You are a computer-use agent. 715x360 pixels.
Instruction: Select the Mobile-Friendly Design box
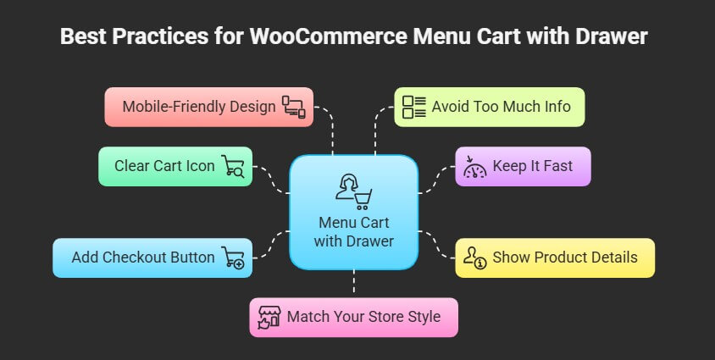pos(208,107)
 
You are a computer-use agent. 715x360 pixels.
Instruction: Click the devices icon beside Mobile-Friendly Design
pos(294,107)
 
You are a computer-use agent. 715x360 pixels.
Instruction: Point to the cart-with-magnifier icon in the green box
pos(233,166)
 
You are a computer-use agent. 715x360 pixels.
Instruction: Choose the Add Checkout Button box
pos(152,258)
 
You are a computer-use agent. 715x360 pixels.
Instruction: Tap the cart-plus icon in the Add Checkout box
pos(233,258)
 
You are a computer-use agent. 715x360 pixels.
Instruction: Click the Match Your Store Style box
pos(353,317)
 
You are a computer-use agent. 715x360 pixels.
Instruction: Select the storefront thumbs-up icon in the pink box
pos(269,318)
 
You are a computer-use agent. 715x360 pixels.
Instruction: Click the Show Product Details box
pos(555,258)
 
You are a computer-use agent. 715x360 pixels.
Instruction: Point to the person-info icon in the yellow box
pos(474,258)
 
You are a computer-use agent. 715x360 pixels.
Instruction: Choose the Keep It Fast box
pos(523,166)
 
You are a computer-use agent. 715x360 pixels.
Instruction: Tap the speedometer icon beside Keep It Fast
pos(474,167)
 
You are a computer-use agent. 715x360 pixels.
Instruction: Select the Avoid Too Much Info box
pos(490,107)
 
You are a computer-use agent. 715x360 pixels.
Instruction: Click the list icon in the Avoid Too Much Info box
pos(414,107)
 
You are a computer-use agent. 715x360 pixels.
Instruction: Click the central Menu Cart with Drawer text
pos(353,231)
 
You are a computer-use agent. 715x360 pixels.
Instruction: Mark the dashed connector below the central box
pos(353,284)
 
